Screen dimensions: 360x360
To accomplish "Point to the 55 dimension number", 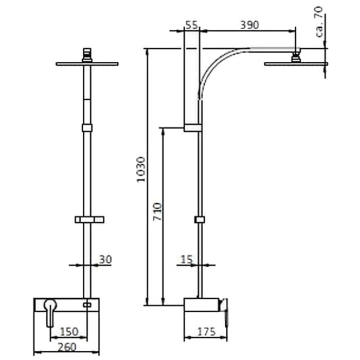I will click(x=191, y=24).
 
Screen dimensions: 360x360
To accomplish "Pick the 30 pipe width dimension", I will click(x=105, y=260).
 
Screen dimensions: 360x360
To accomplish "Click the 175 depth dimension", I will click(x=207, y=332).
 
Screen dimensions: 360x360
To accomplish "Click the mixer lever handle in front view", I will click(x=50, y=311).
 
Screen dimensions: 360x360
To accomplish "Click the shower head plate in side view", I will click(x=296, y=64).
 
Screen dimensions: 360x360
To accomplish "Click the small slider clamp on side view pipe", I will click(x=200, y=220).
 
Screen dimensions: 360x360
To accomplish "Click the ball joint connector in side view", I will click(x=296, y=56).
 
